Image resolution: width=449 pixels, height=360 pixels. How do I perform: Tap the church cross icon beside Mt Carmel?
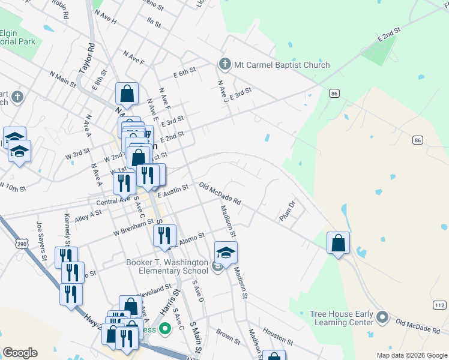224,64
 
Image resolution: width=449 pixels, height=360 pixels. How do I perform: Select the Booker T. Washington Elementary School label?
167,266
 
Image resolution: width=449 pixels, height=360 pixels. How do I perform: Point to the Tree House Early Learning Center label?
341,318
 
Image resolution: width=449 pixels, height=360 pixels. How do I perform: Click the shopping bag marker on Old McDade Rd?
339,244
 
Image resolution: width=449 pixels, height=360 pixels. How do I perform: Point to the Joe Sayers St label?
41,241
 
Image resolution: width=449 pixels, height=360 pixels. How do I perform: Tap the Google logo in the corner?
20,352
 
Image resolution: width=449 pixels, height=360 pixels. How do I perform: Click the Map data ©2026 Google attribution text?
411,355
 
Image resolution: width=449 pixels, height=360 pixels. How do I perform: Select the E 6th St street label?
185,72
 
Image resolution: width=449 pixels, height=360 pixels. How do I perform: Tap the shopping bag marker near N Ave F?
127,94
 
